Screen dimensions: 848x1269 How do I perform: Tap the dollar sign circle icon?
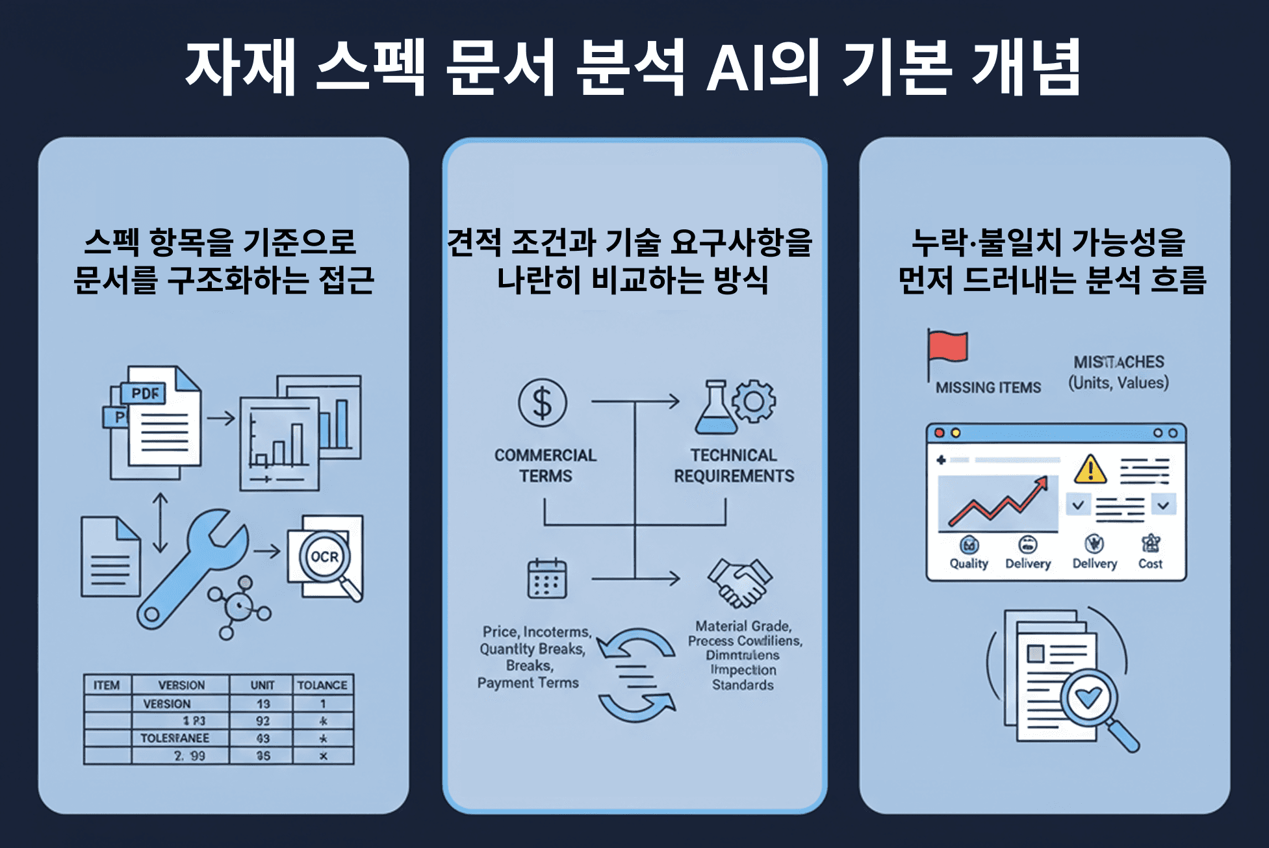[x=543, y=403]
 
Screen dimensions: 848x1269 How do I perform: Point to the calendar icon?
[x=547, y=578]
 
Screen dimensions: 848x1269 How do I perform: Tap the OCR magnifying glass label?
[x=324, y=557]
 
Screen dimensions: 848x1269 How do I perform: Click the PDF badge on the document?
[x=144, y=393]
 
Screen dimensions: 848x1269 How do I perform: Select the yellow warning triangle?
[x=1090, y=470]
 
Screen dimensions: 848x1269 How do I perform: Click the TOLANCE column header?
[x=322, y=685]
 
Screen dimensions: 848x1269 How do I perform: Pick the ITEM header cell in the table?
[x=107, y=685]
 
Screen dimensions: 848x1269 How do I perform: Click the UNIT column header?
[x=263, y=685]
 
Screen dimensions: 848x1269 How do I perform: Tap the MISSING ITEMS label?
[x=988, y=388]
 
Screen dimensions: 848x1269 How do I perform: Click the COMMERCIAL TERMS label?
[x=545, y=465]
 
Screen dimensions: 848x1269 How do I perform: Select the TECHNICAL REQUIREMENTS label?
[x=734, y=465]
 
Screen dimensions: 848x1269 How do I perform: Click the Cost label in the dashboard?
[x=1150, y=563]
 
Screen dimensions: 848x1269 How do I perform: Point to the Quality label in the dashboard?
[x=969, y=563]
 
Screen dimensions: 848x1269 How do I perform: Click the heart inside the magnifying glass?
[x=1089, y=698]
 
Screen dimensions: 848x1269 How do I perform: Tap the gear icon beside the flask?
[x=754, y=402]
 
